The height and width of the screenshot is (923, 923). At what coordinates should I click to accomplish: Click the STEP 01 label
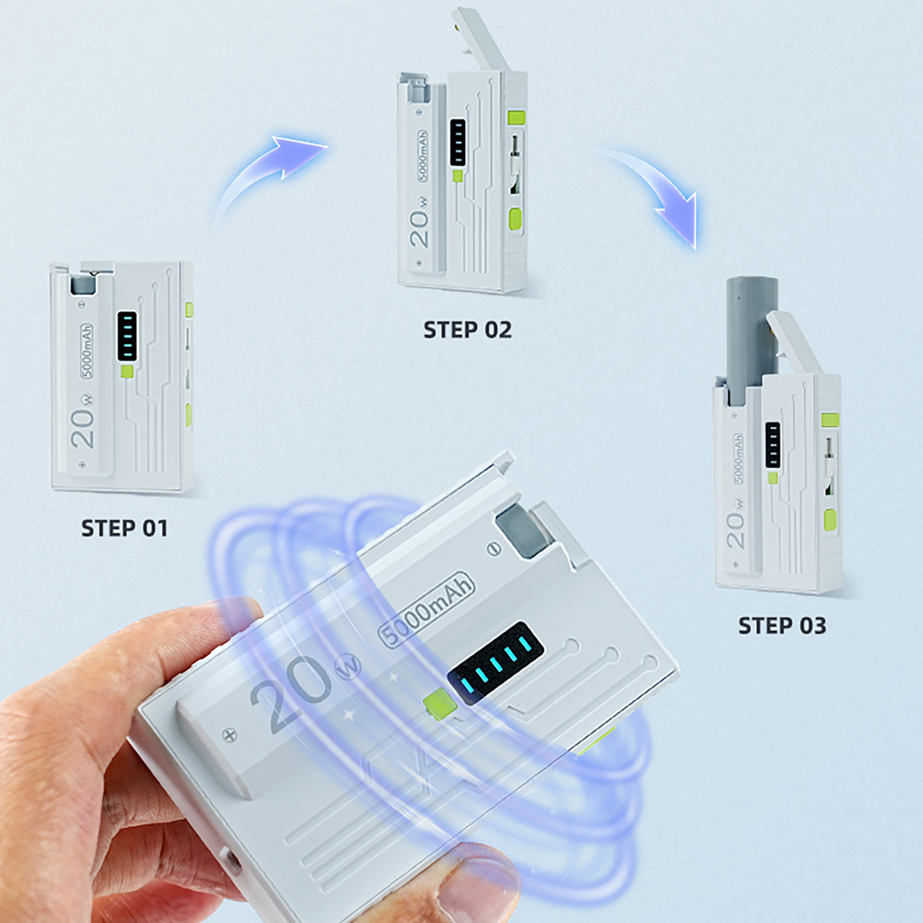(124, 528)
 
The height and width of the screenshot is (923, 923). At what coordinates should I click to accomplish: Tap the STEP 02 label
(467, 330)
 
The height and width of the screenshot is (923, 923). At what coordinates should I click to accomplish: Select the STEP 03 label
(782, 626)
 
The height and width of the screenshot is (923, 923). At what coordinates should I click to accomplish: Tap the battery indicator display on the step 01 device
(127, 336)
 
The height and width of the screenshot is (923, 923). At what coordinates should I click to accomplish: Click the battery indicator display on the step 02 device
(457, 142)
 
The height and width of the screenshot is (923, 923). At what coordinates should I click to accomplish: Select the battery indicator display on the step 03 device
(772, 444)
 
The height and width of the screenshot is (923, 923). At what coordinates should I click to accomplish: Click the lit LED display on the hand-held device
(496, 663)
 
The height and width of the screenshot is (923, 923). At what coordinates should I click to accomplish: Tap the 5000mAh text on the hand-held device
(426, 609)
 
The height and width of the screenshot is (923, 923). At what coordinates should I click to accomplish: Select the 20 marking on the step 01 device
(82, 428)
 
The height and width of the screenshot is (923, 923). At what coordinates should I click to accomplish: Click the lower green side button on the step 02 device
(515, 219)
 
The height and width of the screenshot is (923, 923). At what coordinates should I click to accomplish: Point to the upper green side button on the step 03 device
(830, 420)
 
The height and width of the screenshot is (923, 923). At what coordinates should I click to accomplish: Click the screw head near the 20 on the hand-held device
(230, 735)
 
